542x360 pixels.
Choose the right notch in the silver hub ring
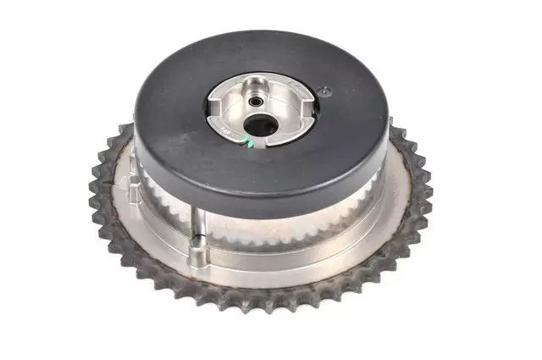pyautogui.click(x=302, y=116)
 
